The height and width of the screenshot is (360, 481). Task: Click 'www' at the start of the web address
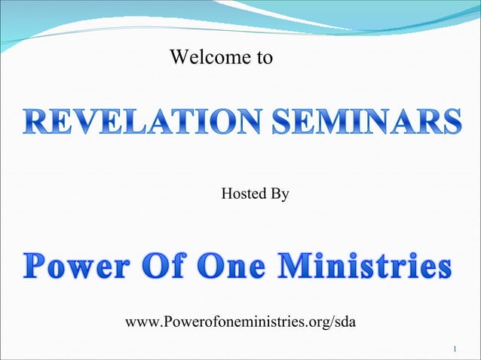[140, 323]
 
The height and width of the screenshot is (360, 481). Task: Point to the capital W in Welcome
[178, 57]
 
